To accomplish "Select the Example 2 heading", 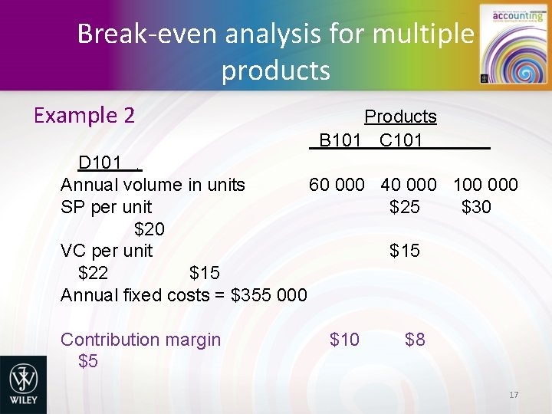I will click(84, 115).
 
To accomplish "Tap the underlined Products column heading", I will click(400, 117).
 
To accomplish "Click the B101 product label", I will click(340, 140).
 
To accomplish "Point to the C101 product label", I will click(401, 140).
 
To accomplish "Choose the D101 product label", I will click(100, 163).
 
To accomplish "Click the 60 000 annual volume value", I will click(337, 185).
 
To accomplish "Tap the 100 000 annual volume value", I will click(485, 185).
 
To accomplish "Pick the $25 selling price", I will click(404, 207).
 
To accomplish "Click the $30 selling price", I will click(476, 207).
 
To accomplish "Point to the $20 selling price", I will click(149, 229).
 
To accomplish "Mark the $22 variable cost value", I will click(93, 273).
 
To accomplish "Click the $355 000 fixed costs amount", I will click(269, 295).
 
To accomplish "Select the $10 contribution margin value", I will click(343, 340).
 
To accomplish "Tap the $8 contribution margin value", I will click(415, 340).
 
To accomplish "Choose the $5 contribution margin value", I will click(88, 361).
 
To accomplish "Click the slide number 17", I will click(514, 395).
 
